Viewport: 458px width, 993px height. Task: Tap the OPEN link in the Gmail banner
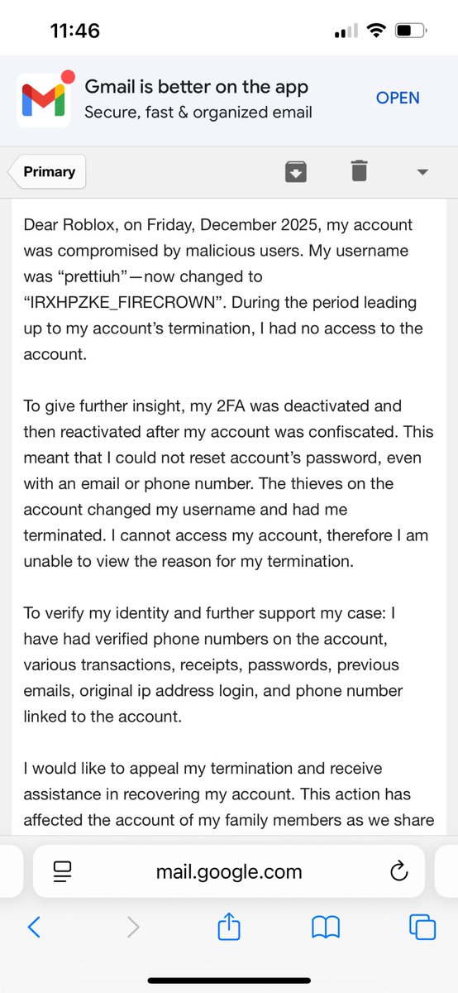pyautogui.click(x=398, y=98)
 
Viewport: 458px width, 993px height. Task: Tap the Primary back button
pyautogui.click(x=48, y=172)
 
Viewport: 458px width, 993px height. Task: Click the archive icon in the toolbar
pyautogui.click(x=296, y=171)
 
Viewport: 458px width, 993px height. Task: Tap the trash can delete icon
pyautogui.click(x=358, y=171)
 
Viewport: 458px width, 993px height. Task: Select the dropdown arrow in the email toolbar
pyautogui.click(x=422, y=172)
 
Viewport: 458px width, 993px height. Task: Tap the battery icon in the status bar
pyautogui.click(x=409, y=31)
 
